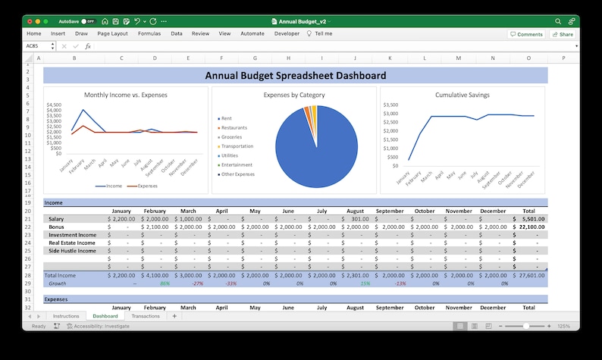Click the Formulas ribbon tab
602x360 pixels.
(x=149, y=34)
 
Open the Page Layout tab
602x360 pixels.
(x=112, y=34)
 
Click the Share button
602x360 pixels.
(x=563, y=34)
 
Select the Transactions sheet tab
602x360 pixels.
(x=146, y=316)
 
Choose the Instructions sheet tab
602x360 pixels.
(x=66, y=316)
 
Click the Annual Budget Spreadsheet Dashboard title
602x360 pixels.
(x=296, y=75)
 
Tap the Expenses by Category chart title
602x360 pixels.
(x=294, y=95)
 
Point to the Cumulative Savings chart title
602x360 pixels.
(x=462, y=95)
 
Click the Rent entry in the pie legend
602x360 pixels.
(x=227, y=118)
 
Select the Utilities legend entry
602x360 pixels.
(x=229, y=155)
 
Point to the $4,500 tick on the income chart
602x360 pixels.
(x=53, y=105)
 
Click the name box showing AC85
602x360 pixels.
(x=36, y=46)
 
